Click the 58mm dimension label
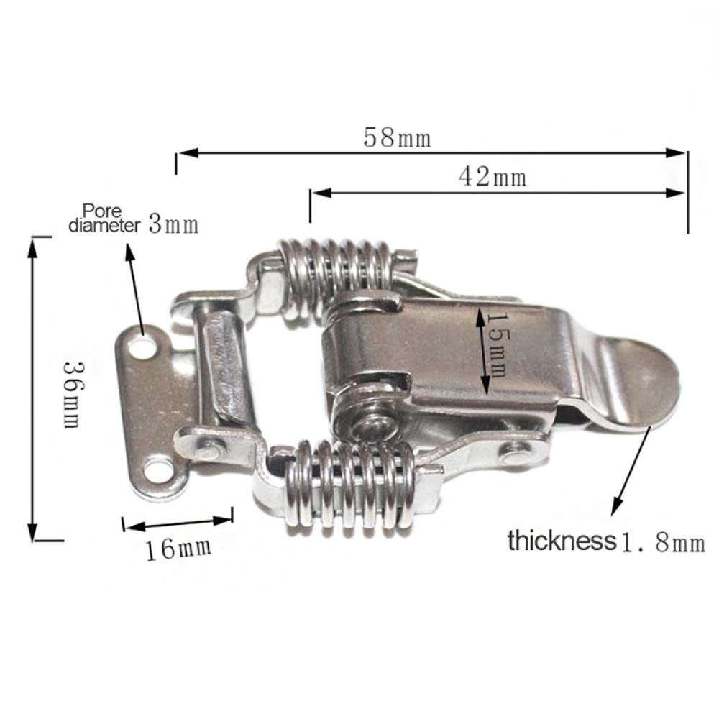pyautogui.click(x=397, y=137)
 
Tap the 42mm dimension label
pyautogui.click(x=493, y=177)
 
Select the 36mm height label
pyautogui.click(x=73, y=394)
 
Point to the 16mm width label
pyautogui.click(x=179, y=549)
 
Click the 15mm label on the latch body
pyautogui.click(x=497, y=345)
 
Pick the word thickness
pyautogui.click(x=562, y=541)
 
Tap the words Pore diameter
pyautogui.click(x=104, y=219)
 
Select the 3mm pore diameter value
pyautogui.click(x=173, y=224)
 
